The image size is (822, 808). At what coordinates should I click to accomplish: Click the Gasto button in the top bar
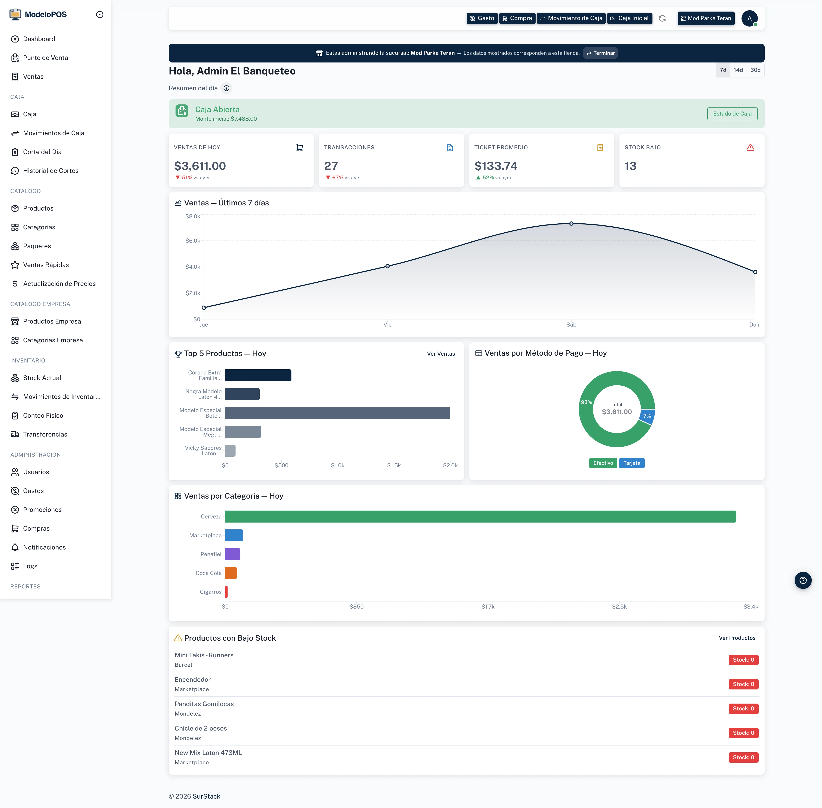point(482,18)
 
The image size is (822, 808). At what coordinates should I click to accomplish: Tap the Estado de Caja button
point(732,114)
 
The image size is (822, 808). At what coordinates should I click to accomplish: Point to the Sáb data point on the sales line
point(571,224)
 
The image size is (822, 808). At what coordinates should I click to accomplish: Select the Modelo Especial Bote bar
point(338,413)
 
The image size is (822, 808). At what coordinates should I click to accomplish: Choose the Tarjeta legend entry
point(631,463)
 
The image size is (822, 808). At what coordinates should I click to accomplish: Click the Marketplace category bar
point(234,536)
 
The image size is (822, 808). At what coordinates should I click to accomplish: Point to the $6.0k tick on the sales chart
point(193,241)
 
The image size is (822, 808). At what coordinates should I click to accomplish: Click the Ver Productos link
point(737,638)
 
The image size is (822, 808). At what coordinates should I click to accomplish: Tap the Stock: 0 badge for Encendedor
point(743,684)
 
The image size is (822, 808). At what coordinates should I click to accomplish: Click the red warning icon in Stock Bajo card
point(750,148)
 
